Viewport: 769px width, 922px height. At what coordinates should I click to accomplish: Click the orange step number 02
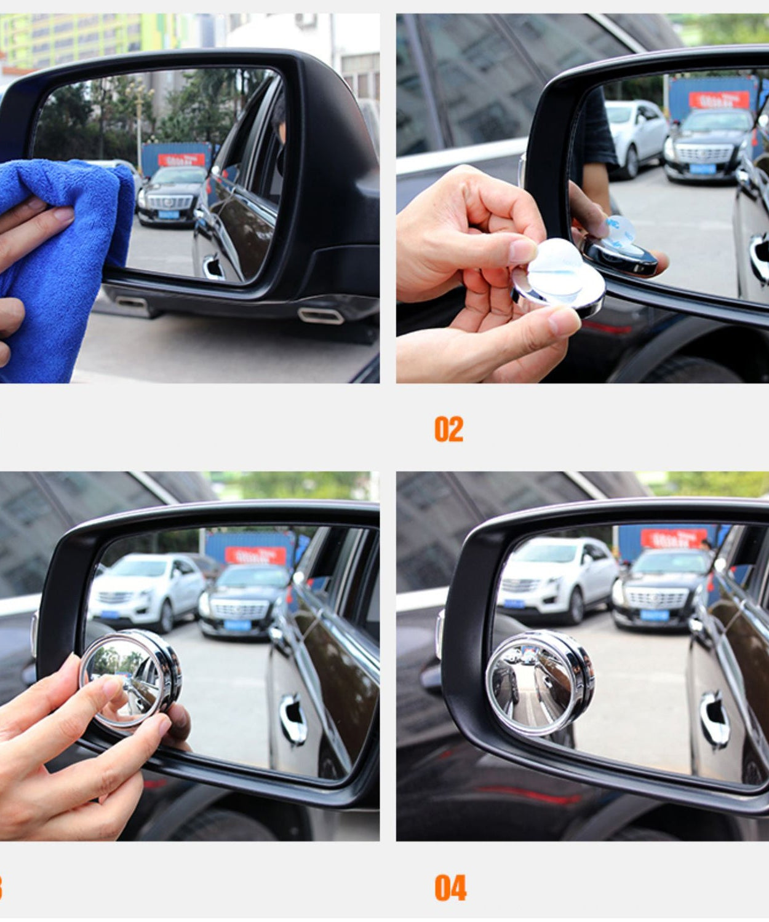tap(448, 429)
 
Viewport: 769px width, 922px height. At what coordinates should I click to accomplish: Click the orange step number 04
tap(450, 888)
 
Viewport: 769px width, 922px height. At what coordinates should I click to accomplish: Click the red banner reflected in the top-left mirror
tap(181, 160)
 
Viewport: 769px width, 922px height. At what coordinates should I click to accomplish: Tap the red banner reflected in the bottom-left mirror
tap(255, 555)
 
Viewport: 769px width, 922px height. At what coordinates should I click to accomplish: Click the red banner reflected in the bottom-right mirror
tap(673, 538)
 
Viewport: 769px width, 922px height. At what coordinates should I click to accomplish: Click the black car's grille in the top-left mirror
tap(169, 202)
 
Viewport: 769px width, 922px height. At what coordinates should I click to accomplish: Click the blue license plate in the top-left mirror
tap(169, 215)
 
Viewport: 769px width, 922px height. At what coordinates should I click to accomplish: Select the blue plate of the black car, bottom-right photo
tap(653, 615)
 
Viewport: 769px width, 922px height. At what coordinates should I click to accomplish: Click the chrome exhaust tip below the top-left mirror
tap(320, 316)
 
